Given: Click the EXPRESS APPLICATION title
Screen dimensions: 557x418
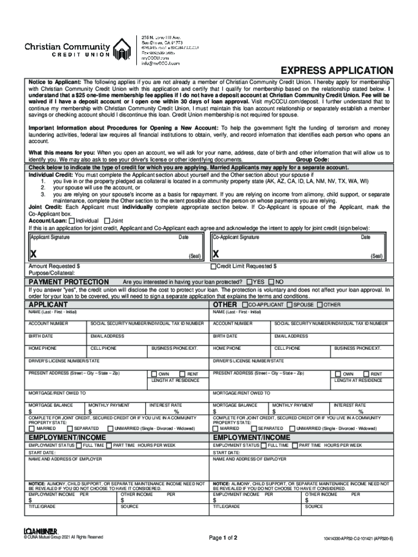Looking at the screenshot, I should (336, 71).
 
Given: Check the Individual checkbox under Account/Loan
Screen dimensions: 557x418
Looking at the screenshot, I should (72, 220).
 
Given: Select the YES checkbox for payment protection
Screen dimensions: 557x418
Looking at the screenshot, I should (249, 282).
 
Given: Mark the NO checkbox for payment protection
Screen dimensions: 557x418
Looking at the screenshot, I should (272, 282).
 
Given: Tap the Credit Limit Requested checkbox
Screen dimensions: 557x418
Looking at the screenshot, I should (213, 267).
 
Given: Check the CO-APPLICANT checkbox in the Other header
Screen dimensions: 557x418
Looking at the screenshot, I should (245, 305).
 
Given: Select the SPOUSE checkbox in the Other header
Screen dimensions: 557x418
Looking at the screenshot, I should (289, 305).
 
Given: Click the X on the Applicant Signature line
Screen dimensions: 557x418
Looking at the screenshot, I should (34, 254).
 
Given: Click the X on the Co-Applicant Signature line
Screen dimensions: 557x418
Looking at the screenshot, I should (216, 254).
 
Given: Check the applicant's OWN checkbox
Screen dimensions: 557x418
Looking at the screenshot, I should (154, 374).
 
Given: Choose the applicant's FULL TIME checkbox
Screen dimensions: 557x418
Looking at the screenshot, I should (79, 445).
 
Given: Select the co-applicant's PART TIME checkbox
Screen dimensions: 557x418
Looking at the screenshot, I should (294, 445).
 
